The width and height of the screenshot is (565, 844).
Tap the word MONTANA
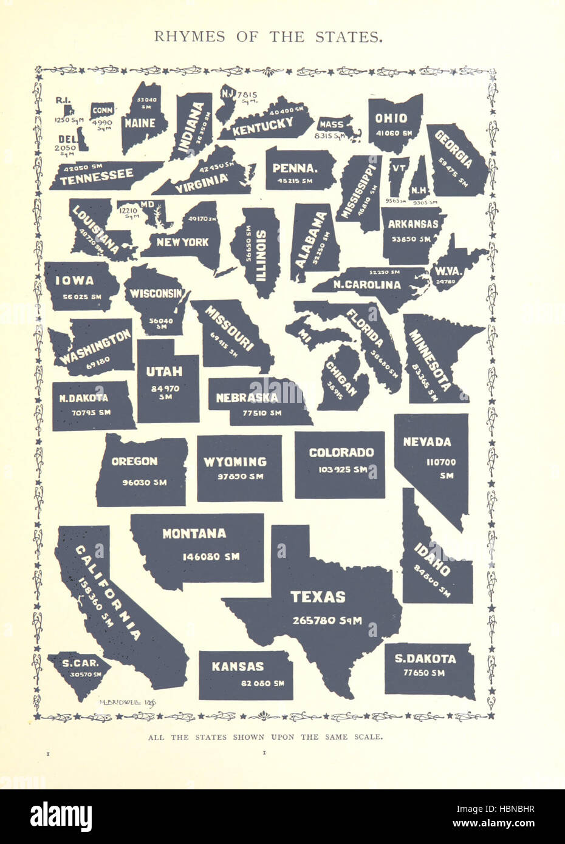coord(194,534)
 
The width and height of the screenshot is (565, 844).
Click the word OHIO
coord(391,118)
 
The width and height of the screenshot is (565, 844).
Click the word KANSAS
coord(238,666)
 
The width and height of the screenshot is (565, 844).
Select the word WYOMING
coord(235,462)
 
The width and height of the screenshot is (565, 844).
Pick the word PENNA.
coord(296,168)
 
